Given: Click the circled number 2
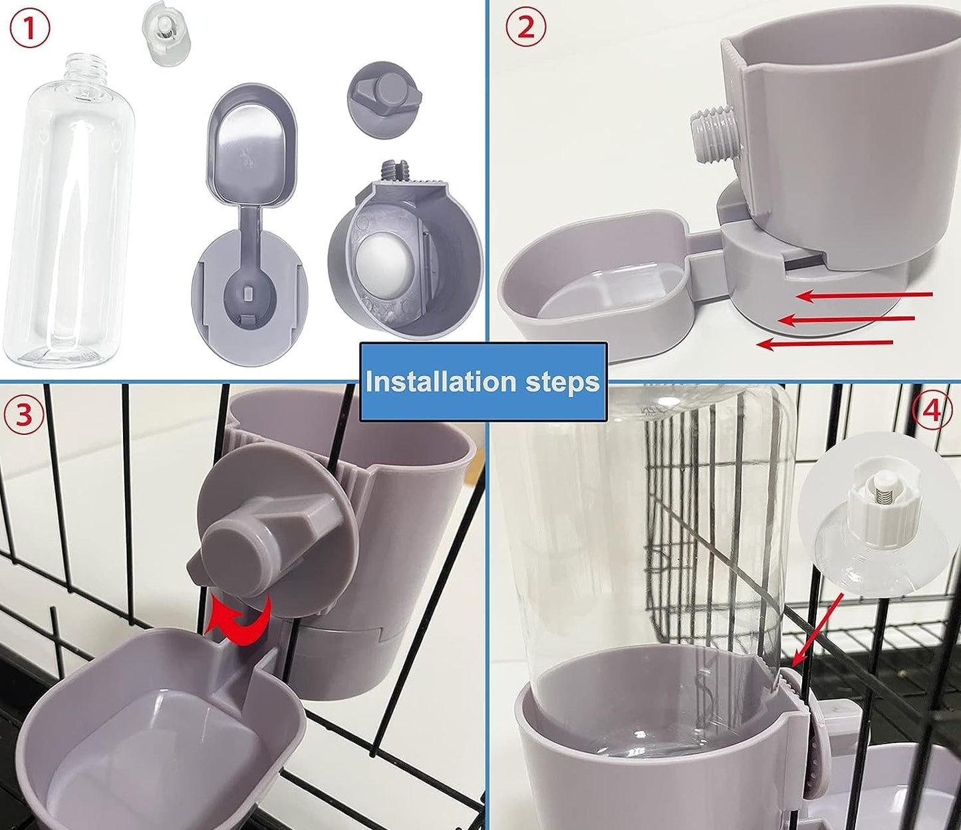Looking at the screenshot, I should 525,28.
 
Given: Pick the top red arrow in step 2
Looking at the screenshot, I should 865,295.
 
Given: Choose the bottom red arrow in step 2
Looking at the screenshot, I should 825,343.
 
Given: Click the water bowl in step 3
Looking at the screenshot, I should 160,732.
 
